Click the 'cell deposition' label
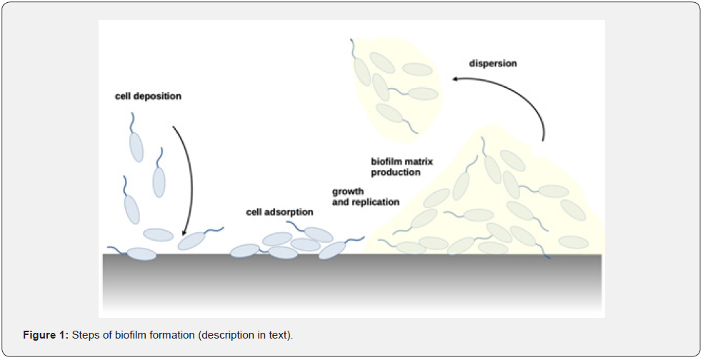click(x=148, y=96)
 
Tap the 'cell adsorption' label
click(x=280, y=212)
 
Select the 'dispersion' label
click(x=493, y=64)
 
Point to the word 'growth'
click(x=348, y=192)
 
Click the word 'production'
click(x=396, y=173)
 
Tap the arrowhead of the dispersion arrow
click(x=454, y=79)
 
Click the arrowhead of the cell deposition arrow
click(x=183, y=232)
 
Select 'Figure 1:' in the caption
click(x=46, y=335)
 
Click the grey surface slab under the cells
click(x=352, y=282)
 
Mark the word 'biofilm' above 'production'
click(x=387, y=161)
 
